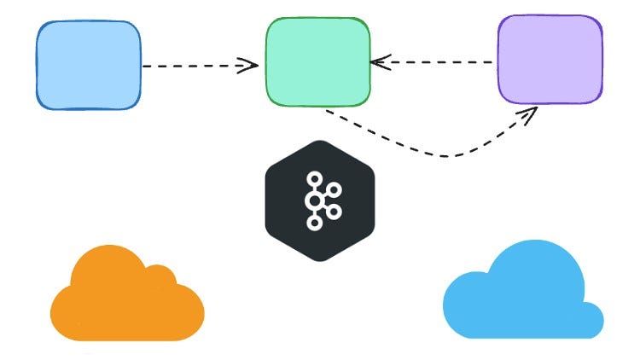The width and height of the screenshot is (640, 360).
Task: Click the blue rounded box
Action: [x=88, y=66]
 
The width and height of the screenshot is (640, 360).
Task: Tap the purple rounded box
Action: [x=550, y=59]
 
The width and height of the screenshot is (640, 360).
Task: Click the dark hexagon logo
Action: [x=320, y=200]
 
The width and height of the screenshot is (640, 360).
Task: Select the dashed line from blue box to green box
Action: [x=196, y=66]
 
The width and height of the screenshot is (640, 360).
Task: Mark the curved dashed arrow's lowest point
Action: [x=448, y=156]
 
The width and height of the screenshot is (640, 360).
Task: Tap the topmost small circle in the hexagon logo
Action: [x=314, y=178]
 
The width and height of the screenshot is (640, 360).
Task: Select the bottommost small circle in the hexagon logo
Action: [x=314, y=224]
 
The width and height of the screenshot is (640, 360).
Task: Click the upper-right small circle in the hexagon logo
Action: [x=335, y=189]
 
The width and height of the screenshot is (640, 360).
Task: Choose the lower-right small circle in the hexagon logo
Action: [x=335, y=211]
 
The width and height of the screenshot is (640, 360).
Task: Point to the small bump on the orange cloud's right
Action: [x=160, y=276]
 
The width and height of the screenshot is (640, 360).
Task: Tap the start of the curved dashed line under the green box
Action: [x=329, y=112]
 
